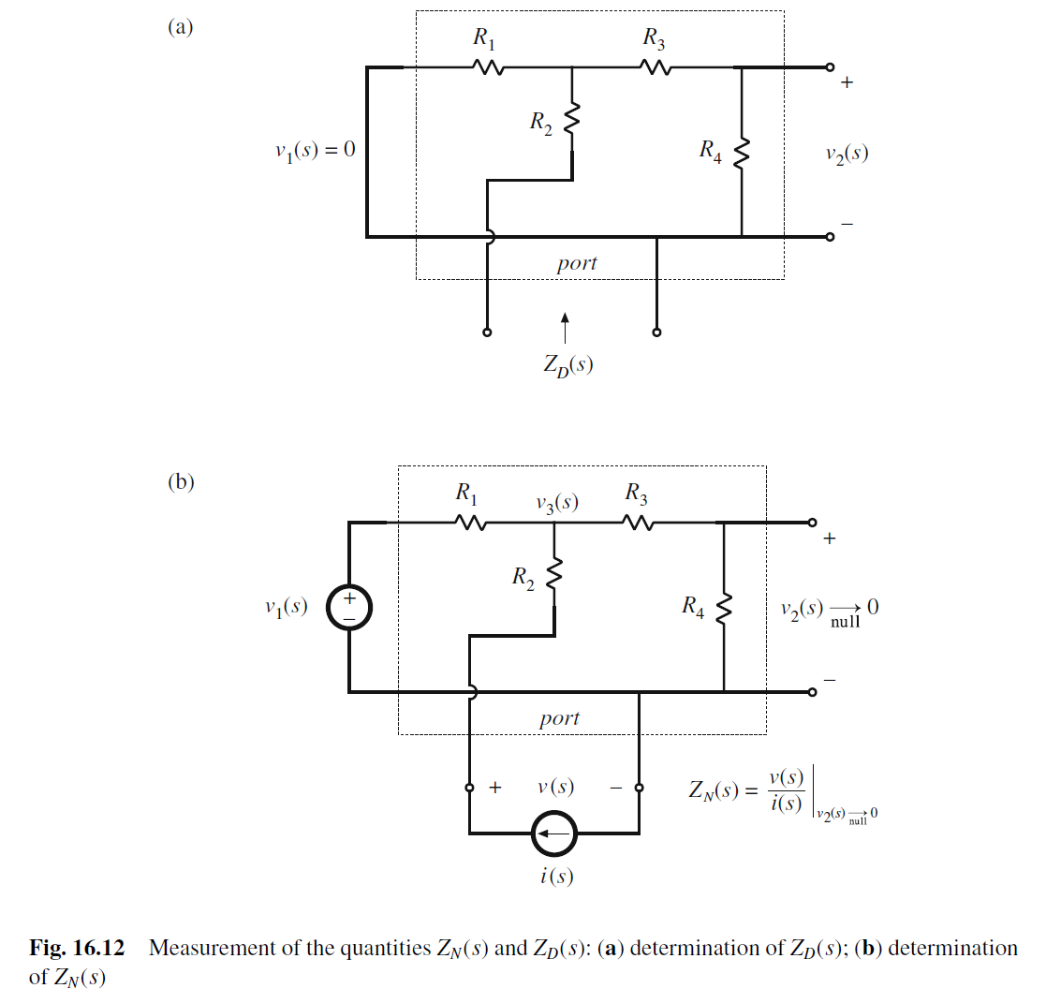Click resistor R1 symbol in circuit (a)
tap(487, 67)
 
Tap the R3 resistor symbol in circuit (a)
tap(656, 67)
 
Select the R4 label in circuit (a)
tap(710, 151)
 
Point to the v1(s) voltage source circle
tap(348, 607)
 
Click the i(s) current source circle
tap(554, 831)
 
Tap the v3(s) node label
tap(556, 503)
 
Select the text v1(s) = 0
tap(309, 150)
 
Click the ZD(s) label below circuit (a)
tap(567, 364)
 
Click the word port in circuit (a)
tap(576, 263)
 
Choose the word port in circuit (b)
tap(559, 718)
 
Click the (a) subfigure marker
tap(180, 27)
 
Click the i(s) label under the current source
tap(556, 877)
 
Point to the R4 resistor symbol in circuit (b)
tap(724, 610)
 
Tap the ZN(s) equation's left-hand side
tap(715, 791)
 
